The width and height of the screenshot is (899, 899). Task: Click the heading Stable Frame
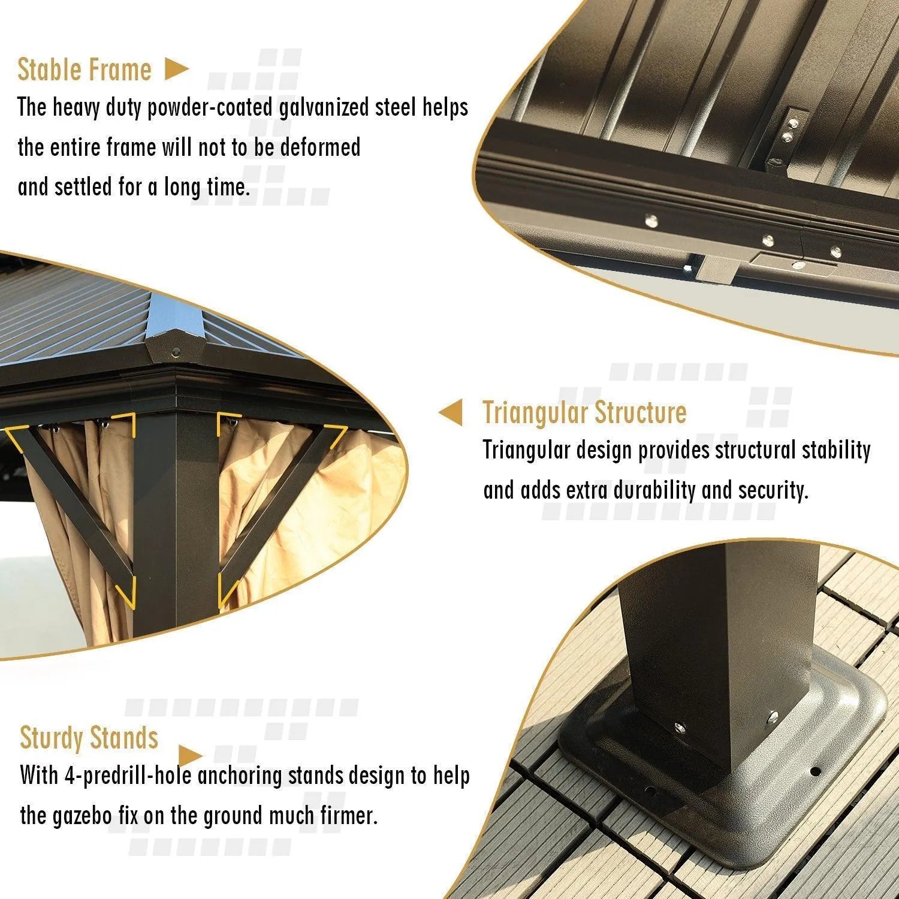[85, 70]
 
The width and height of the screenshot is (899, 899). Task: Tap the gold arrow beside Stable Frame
[177, 70]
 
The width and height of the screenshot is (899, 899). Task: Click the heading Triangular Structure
[585, 413]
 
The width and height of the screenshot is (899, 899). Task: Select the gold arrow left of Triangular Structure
[451, 413]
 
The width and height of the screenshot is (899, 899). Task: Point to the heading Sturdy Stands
[89, 738]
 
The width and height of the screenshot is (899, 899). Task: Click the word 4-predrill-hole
[128, 776]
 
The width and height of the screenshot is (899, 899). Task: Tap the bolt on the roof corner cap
[176, 352]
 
